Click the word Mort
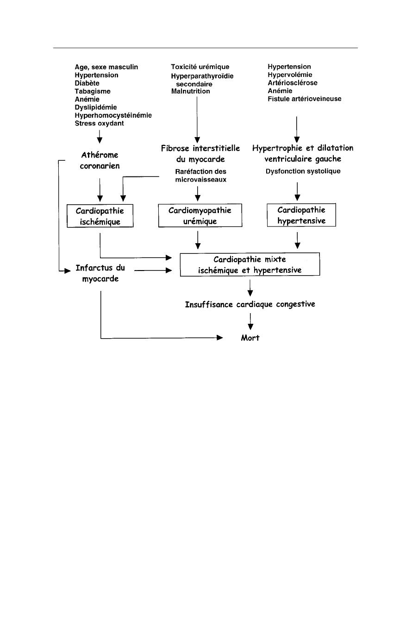point(250,338)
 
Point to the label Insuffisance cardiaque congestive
point(250,304)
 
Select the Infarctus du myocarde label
point(100,273)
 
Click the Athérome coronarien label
point(100,160)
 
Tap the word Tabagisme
point(93,91)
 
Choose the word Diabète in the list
point(87,83)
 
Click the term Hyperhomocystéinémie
point(113,115)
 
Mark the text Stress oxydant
point(99,123)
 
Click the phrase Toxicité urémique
point(200,67)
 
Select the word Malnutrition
point(191,91)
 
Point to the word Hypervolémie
point(290,75)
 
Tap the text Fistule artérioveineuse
point(304,99)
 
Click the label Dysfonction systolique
point(303,171)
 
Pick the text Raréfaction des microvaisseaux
point(200,176)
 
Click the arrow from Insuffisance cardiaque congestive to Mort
point(250,321)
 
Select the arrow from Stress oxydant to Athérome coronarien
point(100,137)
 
